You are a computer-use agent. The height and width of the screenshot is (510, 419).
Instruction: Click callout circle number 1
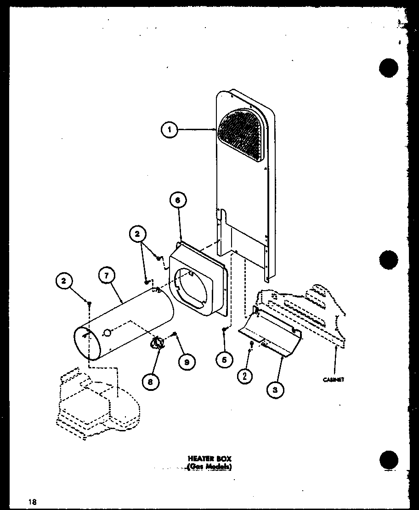click(x=169, y=131)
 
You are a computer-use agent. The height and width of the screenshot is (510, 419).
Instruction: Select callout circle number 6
click(x=178, y=201)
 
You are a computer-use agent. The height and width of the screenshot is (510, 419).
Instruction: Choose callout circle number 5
click(x=224, y=360)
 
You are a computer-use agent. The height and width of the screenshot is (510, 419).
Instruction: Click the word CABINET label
click(x=334, y=379)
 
